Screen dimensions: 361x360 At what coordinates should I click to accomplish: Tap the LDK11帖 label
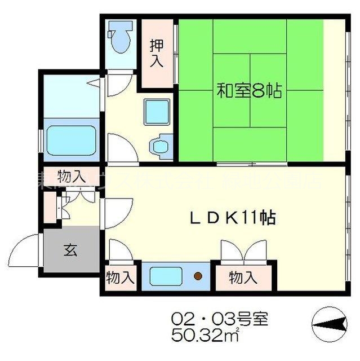[x=232, y=218]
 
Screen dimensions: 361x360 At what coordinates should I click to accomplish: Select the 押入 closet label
[x=157, y=54]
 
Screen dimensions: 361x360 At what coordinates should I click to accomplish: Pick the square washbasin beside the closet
[x=156, y=112]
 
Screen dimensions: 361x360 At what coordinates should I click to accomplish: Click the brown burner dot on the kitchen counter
[x=198, y=276]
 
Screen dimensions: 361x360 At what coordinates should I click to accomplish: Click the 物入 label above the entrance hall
[x=72, y=176]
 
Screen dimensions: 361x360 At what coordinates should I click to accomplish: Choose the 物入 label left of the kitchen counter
[x=120, y=278]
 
